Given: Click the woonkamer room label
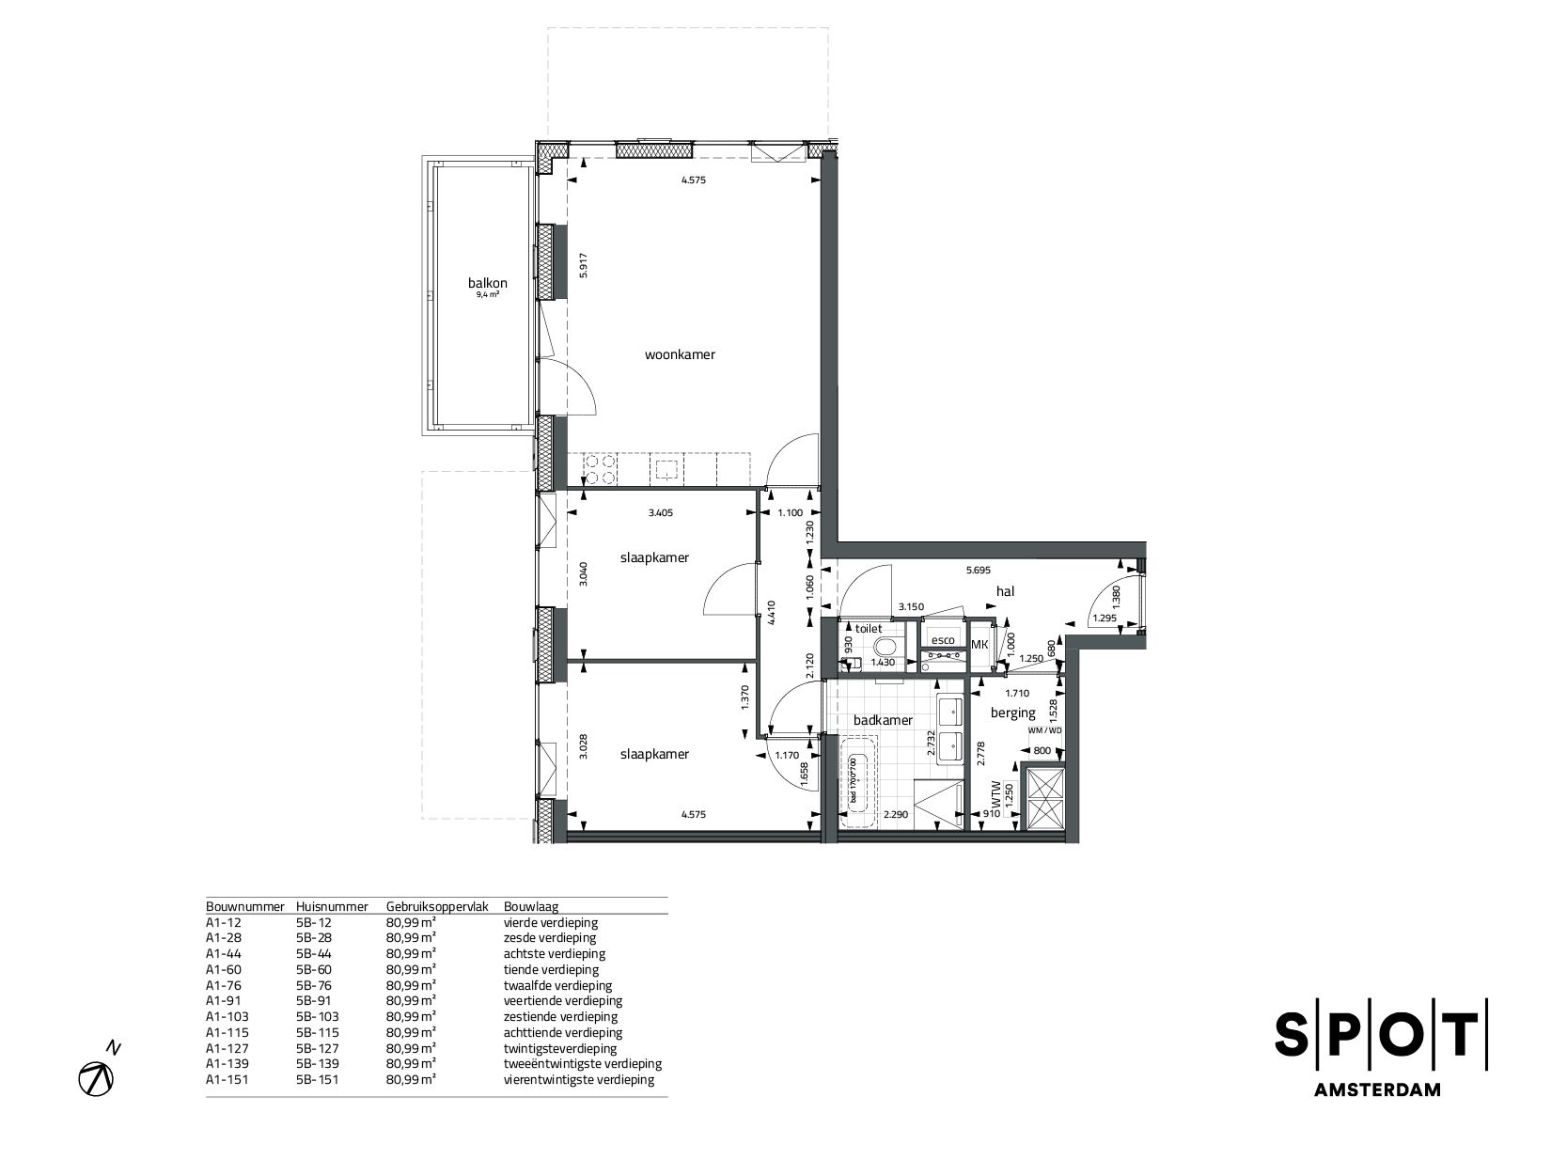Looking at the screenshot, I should (680, 354).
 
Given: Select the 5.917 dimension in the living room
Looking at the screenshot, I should (583, 266).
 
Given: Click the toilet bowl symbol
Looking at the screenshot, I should (885, 648).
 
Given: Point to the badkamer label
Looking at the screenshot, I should (883, 720).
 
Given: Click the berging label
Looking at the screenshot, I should (1012, 713).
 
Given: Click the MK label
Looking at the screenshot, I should (979, 644).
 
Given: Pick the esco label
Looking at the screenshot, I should (943, 641).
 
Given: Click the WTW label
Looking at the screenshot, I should (995, 798).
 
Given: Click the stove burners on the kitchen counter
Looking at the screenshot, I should (599, 468).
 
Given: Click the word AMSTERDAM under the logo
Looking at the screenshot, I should (1380, 1090).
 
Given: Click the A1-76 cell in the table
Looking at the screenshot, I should (225, 985).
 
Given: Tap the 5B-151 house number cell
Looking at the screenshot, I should (317, 1079).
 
